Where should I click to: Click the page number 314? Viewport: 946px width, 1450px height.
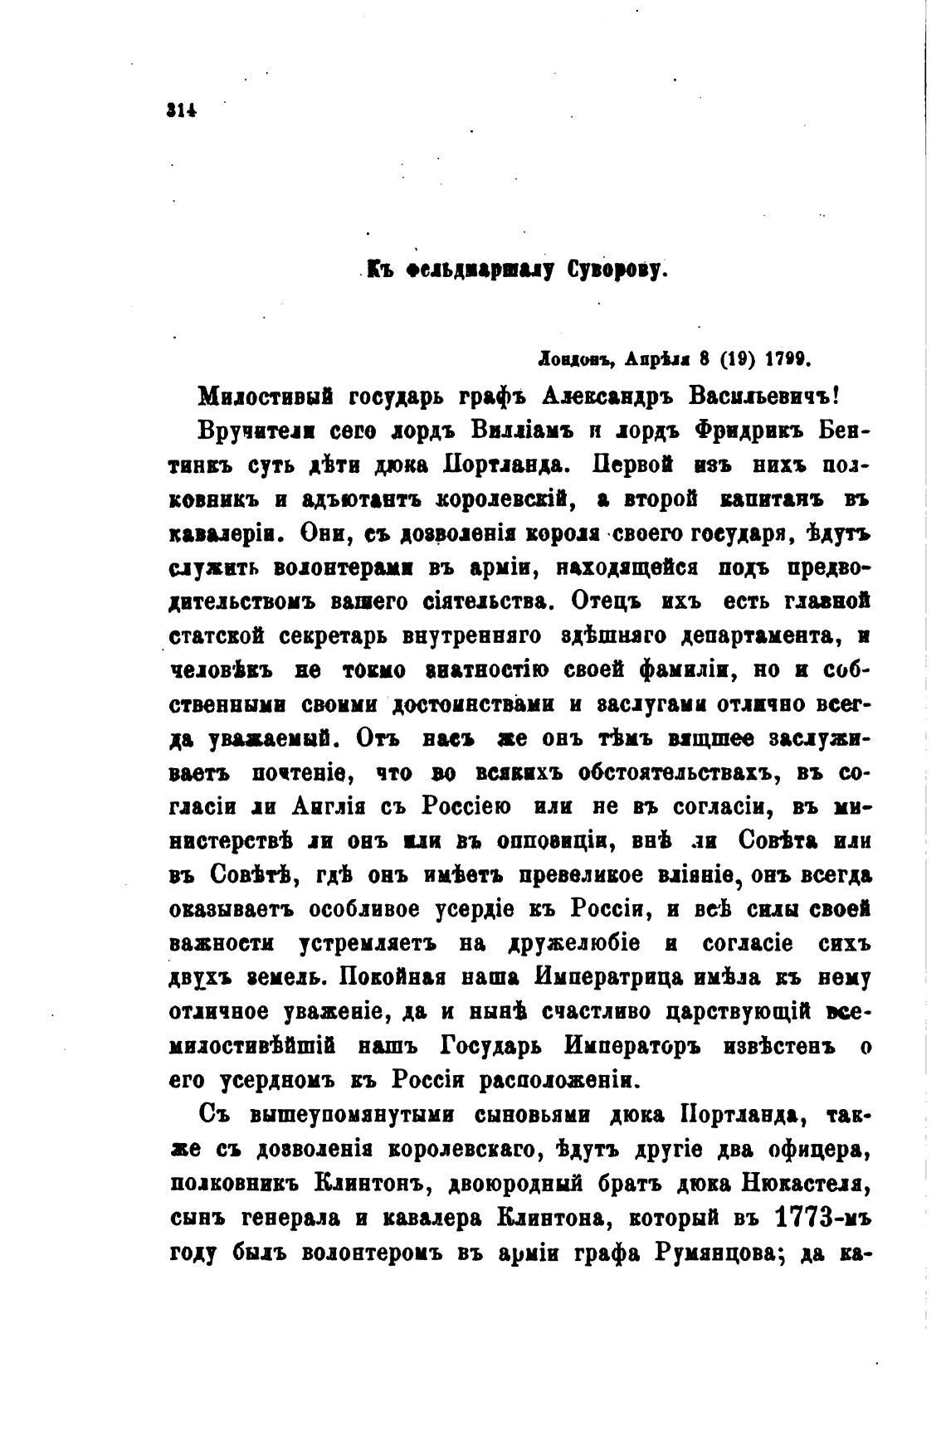(180, 109)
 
